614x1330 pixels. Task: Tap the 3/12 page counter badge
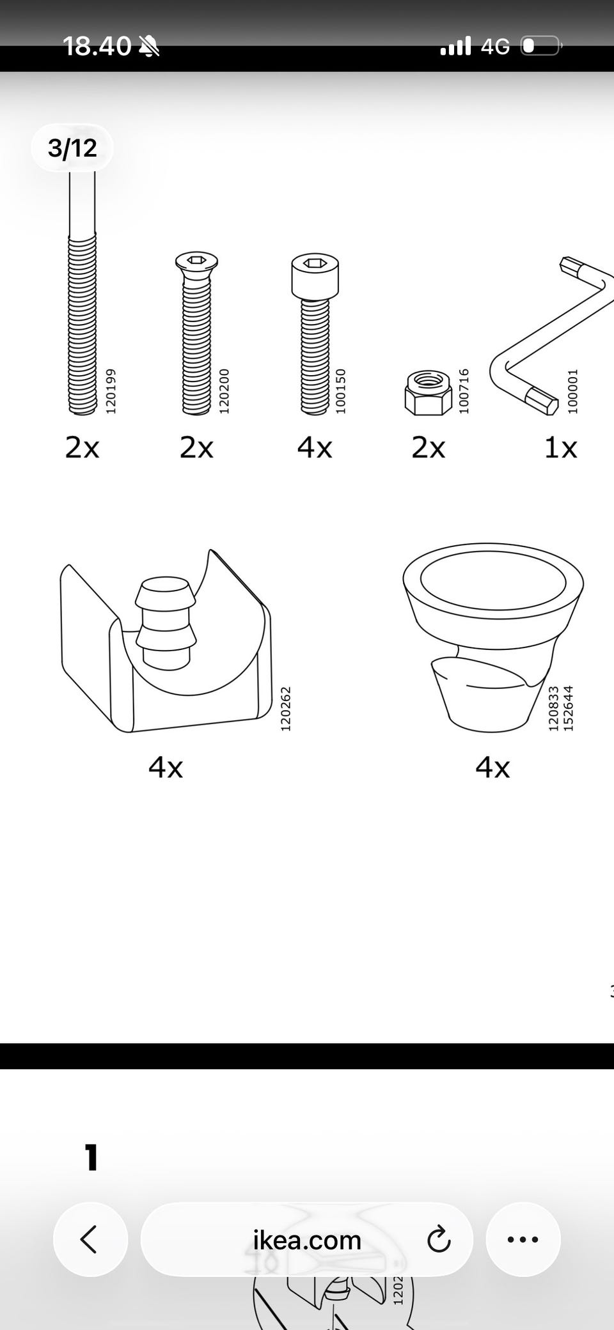(72, 148)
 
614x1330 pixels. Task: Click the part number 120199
(111, 390)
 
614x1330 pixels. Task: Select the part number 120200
(224, 390)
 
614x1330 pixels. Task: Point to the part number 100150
(340, 390)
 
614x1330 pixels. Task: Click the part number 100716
(464, 390)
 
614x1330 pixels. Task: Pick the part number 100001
(572, 390)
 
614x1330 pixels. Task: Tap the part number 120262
(286, 709)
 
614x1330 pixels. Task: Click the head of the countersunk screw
(196, 262)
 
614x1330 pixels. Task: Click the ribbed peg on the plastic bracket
(165, 623)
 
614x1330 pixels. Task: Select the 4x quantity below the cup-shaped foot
(492, 767)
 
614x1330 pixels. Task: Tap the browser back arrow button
(90, 1239)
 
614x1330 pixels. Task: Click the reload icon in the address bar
(439, 1240)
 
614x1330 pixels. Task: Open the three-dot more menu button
(523, 1239)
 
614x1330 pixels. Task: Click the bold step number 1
(92, 1157)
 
